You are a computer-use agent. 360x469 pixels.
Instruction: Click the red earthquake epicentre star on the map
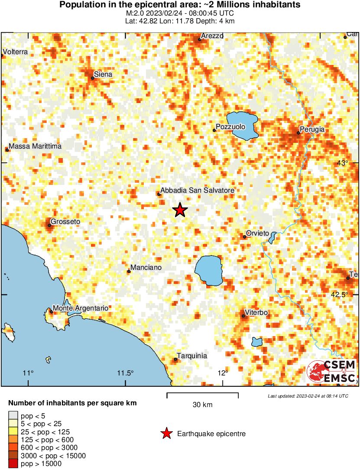coord(180,210)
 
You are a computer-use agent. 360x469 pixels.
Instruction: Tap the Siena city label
coord(103,74)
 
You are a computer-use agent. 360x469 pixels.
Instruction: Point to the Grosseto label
coord(65,222)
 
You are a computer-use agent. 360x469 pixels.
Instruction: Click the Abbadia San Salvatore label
coord(197,190)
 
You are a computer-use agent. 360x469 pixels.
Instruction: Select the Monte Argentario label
coord(80,308)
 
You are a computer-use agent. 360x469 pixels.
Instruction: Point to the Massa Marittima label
coord(35,146)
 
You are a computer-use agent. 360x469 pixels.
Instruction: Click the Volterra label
coord(15,52)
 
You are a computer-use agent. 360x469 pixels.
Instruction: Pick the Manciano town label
coord(146,268)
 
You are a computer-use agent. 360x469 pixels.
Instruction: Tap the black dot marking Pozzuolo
coord(214,130)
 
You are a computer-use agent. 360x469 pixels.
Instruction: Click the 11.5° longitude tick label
coord(126,374)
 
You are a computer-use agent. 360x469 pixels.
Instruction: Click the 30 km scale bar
coord(202,394)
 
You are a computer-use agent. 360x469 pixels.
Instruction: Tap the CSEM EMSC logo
coord(331,372)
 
